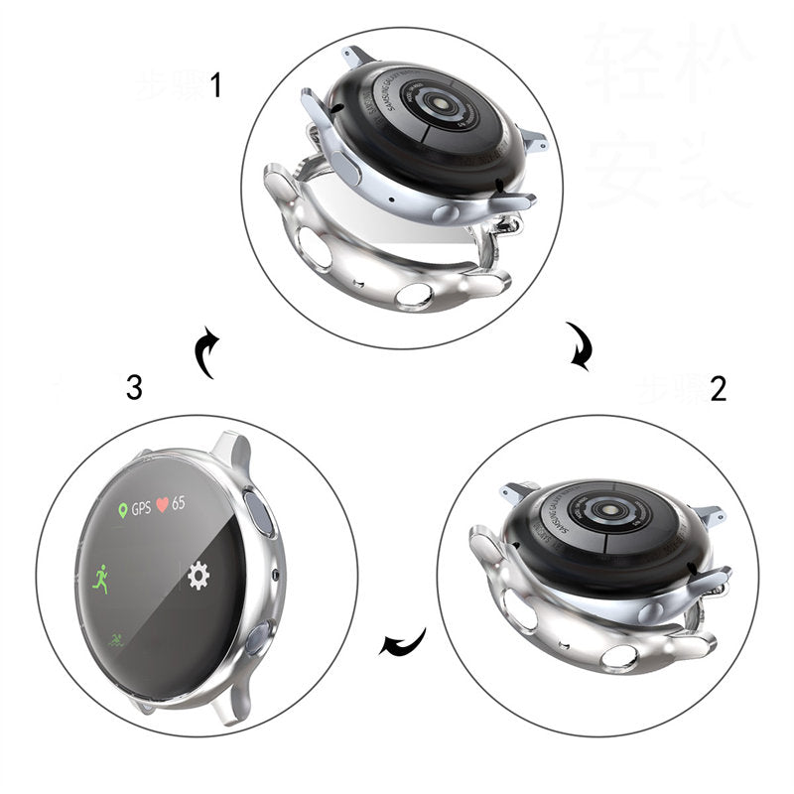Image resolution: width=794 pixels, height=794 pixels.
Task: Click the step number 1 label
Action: tap(215, 86)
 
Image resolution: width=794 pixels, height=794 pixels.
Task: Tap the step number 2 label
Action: tap(718, 388)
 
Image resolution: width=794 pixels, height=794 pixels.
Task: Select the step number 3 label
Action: tap(134, 388)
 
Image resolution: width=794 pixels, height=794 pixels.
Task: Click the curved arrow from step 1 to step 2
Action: tap(579, 345)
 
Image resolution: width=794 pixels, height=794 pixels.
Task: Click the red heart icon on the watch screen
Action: tap(162, 503)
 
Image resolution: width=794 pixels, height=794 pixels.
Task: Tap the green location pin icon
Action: tap(122, 510)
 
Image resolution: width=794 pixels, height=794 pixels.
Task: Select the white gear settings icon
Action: tap(198, 576)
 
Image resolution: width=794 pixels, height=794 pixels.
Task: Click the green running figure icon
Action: tap(100, 579)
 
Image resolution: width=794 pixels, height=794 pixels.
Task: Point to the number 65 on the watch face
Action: tap(179, 503)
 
